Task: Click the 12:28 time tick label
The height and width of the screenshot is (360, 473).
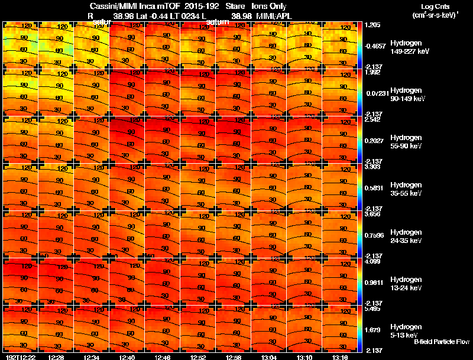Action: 56,356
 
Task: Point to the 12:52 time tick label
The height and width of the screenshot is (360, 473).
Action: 198,356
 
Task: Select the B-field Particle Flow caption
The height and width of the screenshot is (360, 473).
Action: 442,342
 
